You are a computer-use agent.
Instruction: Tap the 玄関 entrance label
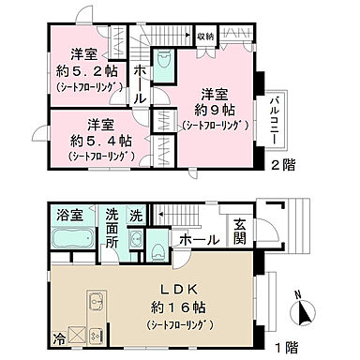click(239, 228)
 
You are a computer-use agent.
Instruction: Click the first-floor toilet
click(157, 248)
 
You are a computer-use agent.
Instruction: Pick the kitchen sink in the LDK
click(96, 305)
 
